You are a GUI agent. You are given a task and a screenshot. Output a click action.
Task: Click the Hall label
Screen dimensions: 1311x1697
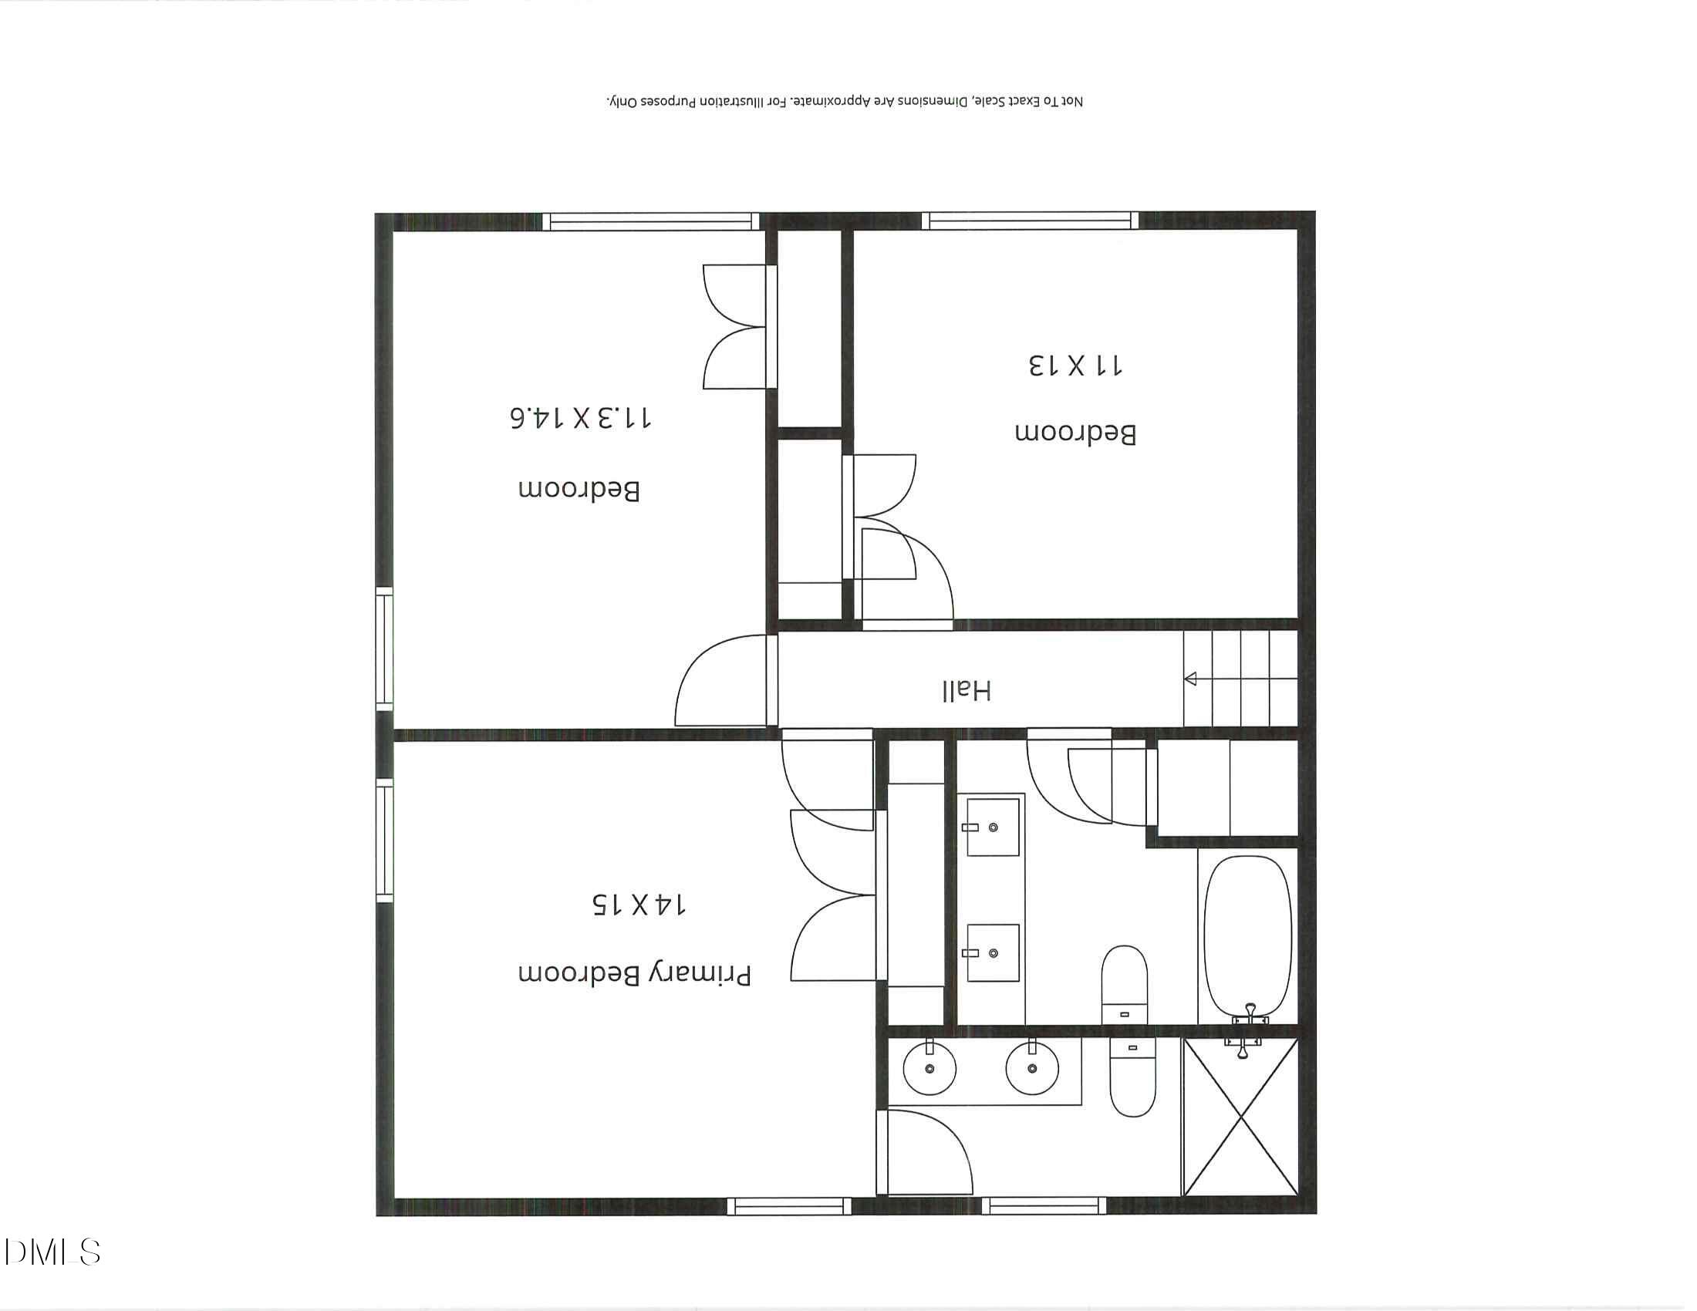point(967,690)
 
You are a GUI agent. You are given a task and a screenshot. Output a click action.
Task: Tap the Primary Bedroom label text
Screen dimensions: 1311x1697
point(635,974)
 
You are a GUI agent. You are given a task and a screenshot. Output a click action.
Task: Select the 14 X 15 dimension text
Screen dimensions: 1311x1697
point(638,904)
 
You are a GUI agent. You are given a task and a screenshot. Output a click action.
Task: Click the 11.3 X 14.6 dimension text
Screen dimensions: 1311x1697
point(580,418)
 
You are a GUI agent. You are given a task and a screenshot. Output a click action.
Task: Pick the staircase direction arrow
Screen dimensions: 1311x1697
point(1191,679)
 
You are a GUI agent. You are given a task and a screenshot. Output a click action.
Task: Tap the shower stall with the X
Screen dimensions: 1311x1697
point(1241,1117)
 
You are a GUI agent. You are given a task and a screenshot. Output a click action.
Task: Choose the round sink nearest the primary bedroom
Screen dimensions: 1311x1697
point(929,1069)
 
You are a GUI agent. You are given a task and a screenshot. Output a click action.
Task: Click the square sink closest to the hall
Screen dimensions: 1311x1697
point(992,828)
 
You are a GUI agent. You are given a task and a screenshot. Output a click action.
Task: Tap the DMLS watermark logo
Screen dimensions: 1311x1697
point(52,1252)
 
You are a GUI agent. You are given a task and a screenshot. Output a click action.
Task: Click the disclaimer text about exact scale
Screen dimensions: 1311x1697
point(844,102)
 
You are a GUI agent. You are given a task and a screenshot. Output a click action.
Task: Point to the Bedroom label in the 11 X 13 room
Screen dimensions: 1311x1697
point(1075,433)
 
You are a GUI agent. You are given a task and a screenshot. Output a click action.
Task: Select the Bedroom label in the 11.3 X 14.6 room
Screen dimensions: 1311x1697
point(579,490)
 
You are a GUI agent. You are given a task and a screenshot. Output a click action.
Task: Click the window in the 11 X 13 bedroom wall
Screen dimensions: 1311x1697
point(1030,221)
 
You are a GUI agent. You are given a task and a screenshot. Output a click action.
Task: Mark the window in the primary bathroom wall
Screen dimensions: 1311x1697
point(1043,1206)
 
